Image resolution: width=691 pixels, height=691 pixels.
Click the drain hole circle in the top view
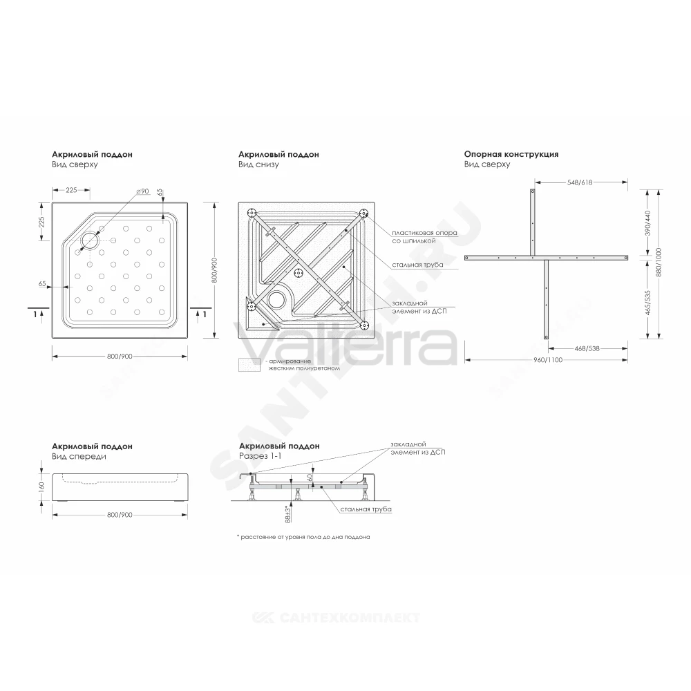[x=91, y=240]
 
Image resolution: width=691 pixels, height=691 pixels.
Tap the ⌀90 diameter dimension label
[x=142, y=191]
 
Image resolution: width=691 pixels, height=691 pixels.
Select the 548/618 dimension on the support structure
[x=580, y=182]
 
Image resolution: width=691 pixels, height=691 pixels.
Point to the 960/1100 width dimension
[x=548, y=359]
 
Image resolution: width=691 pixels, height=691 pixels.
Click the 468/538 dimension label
[x=587, y=348]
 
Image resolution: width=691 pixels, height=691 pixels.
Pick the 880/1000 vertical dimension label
[x=659, y=262]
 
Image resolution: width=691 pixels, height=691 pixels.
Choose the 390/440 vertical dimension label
[x=647, y=223]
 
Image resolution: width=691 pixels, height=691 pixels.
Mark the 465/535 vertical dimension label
[x=647, y=301]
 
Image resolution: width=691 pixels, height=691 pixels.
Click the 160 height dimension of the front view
[x=42, y=486]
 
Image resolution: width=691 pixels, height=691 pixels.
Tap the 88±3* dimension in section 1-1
[x=287, y=514]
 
